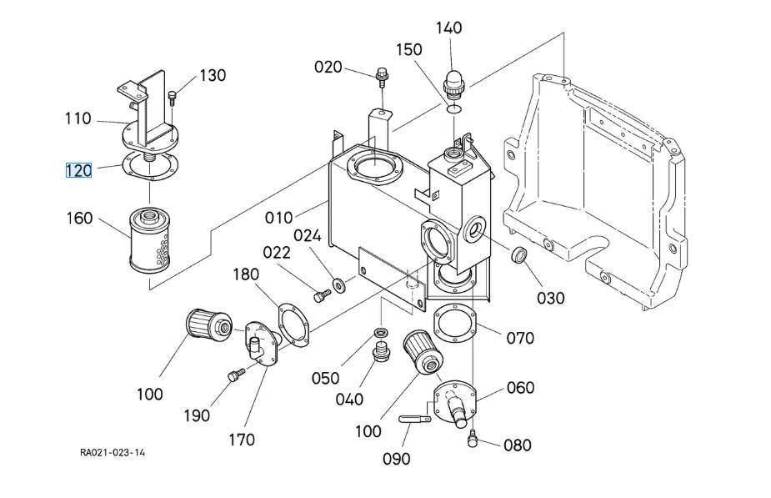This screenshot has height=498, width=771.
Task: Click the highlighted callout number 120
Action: tap(78, 170)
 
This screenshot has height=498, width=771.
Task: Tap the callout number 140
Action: tap(448, 28)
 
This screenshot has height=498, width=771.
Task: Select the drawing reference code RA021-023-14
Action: tap(113, 453)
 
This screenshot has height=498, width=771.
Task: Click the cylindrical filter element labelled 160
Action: tap(150, 240)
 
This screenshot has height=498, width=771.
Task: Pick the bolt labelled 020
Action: tap(383, 78)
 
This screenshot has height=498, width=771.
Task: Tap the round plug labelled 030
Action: tap(519, 254)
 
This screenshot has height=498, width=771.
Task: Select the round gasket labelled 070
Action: tap(454, 324)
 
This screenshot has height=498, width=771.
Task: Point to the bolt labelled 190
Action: tap(234, 377)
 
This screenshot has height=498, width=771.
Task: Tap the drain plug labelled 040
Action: tap(381, 355)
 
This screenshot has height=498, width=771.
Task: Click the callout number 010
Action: tap(279, 218)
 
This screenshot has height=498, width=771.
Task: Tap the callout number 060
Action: tap(520, 387)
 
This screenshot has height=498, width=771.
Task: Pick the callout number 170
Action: tap(241, 439)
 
